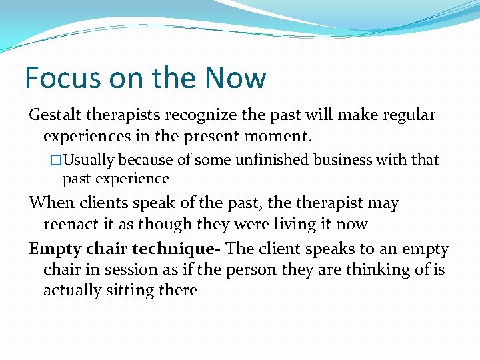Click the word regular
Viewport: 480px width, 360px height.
[407, 115]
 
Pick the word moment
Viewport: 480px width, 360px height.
[281, 137]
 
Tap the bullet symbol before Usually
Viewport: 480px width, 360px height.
[56, 160]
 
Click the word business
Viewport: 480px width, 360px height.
[350, 160]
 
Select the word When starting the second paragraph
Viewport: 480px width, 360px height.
[51, 203]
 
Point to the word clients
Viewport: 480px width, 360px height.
[99, 203]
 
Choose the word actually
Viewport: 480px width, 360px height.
[72, 291]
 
